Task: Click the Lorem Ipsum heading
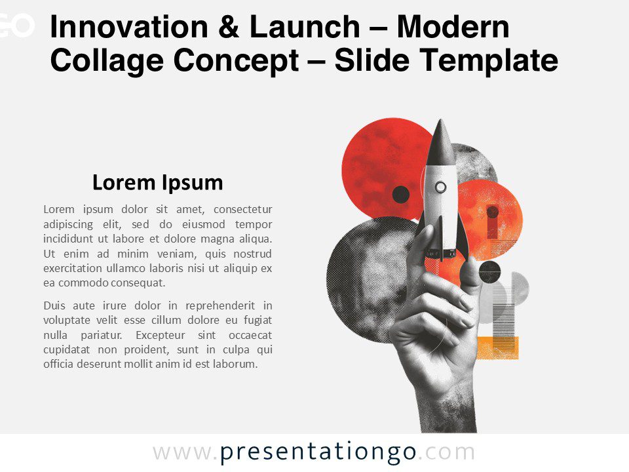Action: [x=157, y=182]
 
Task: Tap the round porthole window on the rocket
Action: [x=441, y=187]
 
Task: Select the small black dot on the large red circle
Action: [x=400, y=194]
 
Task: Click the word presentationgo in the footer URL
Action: [x=318, y=452]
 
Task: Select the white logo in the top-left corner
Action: [x=16, y=25]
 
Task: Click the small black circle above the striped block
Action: [x=489, y=271]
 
